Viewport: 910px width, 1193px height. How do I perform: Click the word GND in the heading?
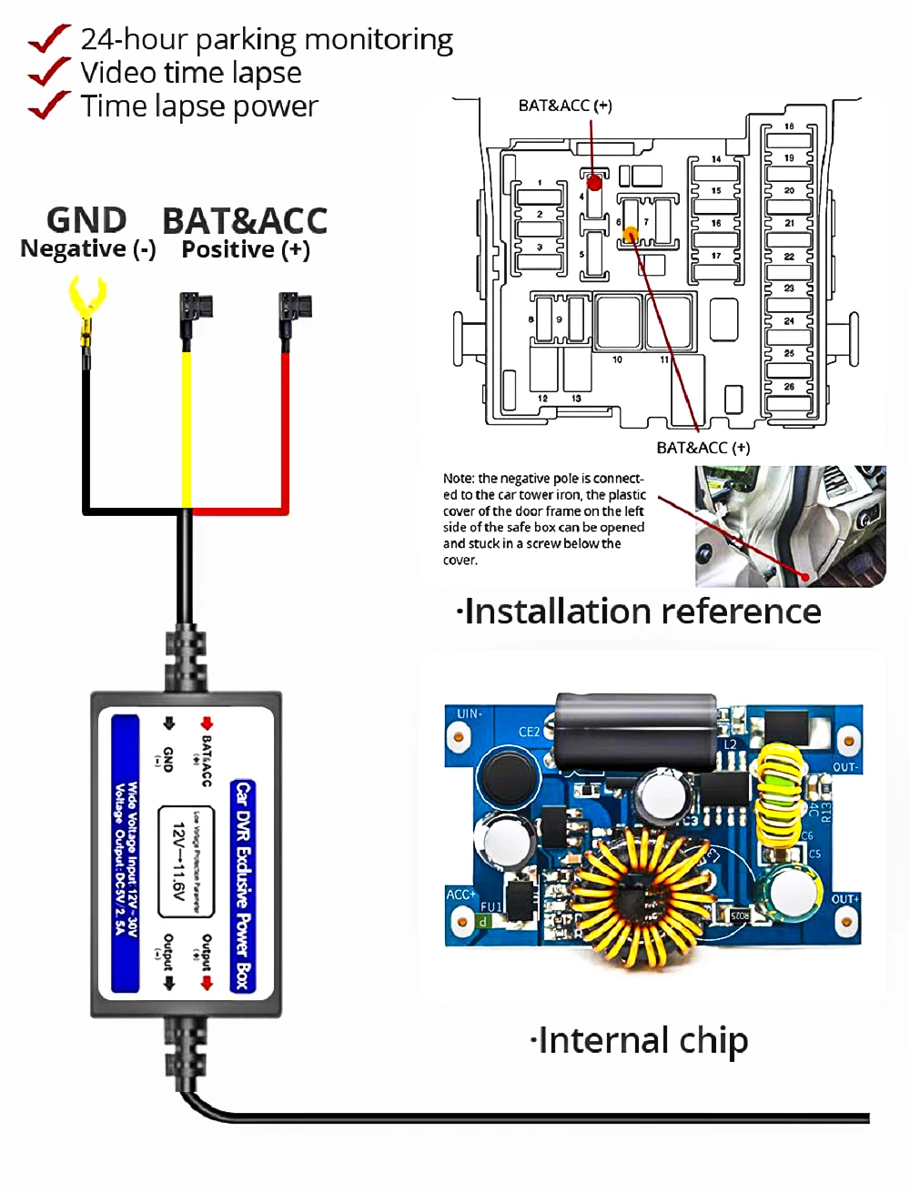tap(86, 221)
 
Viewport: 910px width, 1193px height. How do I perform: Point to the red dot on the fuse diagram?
tap(594, 183)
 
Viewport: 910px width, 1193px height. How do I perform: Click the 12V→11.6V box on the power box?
tap(186, 861)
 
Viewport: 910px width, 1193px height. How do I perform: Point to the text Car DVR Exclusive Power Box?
tap(242, 885)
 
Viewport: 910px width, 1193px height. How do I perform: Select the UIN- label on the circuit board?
tap(470, 714)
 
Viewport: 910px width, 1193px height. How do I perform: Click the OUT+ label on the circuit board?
tap(844, 899)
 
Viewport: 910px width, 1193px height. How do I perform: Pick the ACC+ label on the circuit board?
tap(460, 895)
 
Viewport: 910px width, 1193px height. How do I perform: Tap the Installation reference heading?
tap(640, 612)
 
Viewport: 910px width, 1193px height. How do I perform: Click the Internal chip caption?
tap(640, 1040)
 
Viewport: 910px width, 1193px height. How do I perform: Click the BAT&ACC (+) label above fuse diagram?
tap(565, 106)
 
